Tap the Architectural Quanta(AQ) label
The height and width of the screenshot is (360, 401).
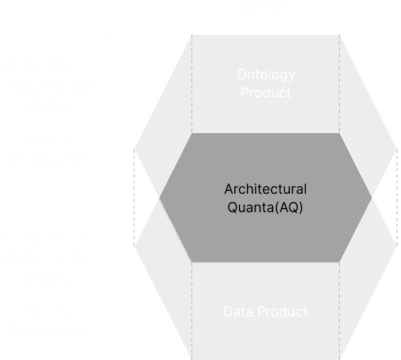click(x=265, y=198)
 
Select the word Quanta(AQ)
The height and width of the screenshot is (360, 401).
click(x=265, y=208)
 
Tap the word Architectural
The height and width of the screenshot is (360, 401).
click(x=265, y=189)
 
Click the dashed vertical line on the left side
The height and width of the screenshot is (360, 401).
click(x=134, y=198)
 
